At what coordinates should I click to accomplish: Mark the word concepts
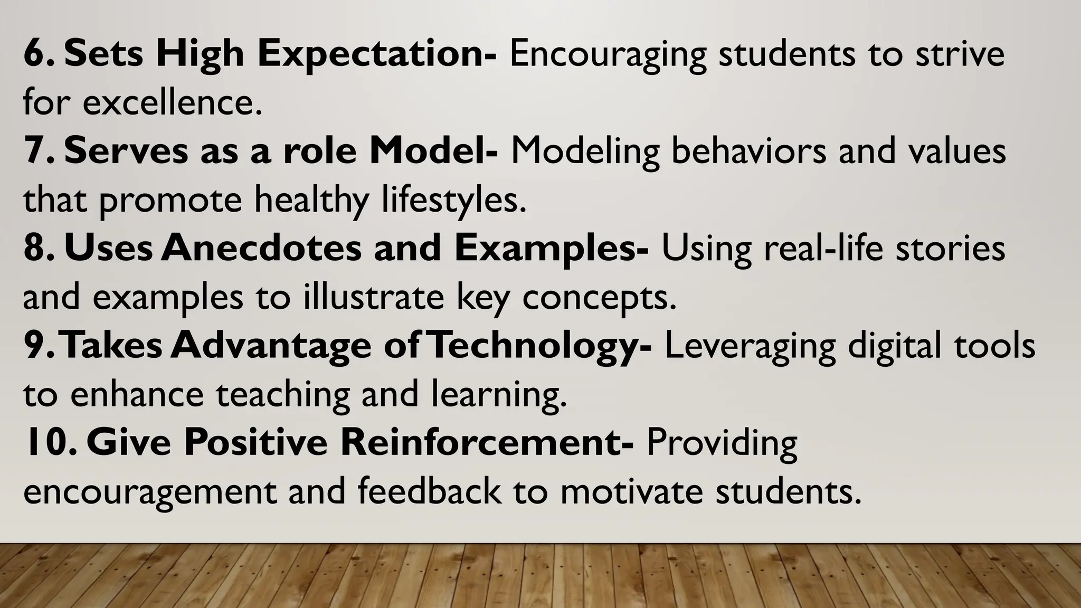point(599,298)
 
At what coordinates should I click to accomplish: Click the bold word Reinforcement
point(486,442)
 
